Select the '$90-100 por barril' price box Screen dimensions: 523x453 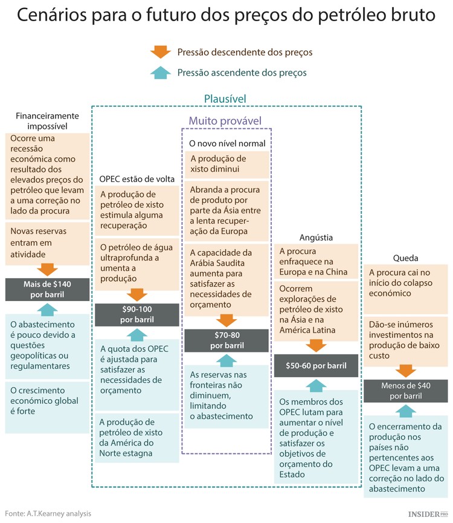(137, 314)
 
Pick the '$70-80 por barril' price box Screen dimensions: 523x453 (226, 340)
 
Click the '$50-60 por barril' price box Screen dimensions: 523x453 (316, 365)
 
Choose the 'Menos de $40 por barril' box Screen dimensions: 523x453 (405, 391)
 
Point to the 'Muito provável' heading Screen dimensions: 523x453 (225, 120)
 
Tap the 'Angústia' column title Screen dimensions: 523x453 (316, 238)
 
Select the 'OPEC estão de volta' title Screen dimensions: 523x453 (137, 178)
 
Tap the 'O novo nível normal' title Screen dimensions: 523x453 (226, 143)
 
